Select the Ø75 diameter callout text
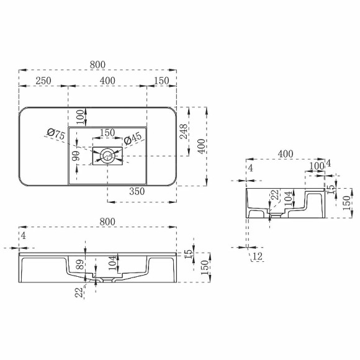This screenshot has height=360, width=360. coord(56,134)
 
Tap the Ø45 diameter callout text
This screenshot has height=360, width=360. coord(133,140)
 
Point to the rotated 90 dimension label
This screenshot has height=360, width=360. coord(76,156)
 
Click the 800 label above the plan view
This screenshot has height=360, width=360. coord(97,65)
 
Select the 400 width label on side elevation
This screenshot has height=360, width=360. coord(286,153)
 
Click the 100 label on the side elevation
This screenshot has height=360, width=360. coord(317,166)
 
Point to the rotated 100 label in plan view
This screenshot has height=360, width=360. coord(80,115)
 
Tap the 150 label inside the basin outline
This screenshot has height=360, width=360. coord(107,132)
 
